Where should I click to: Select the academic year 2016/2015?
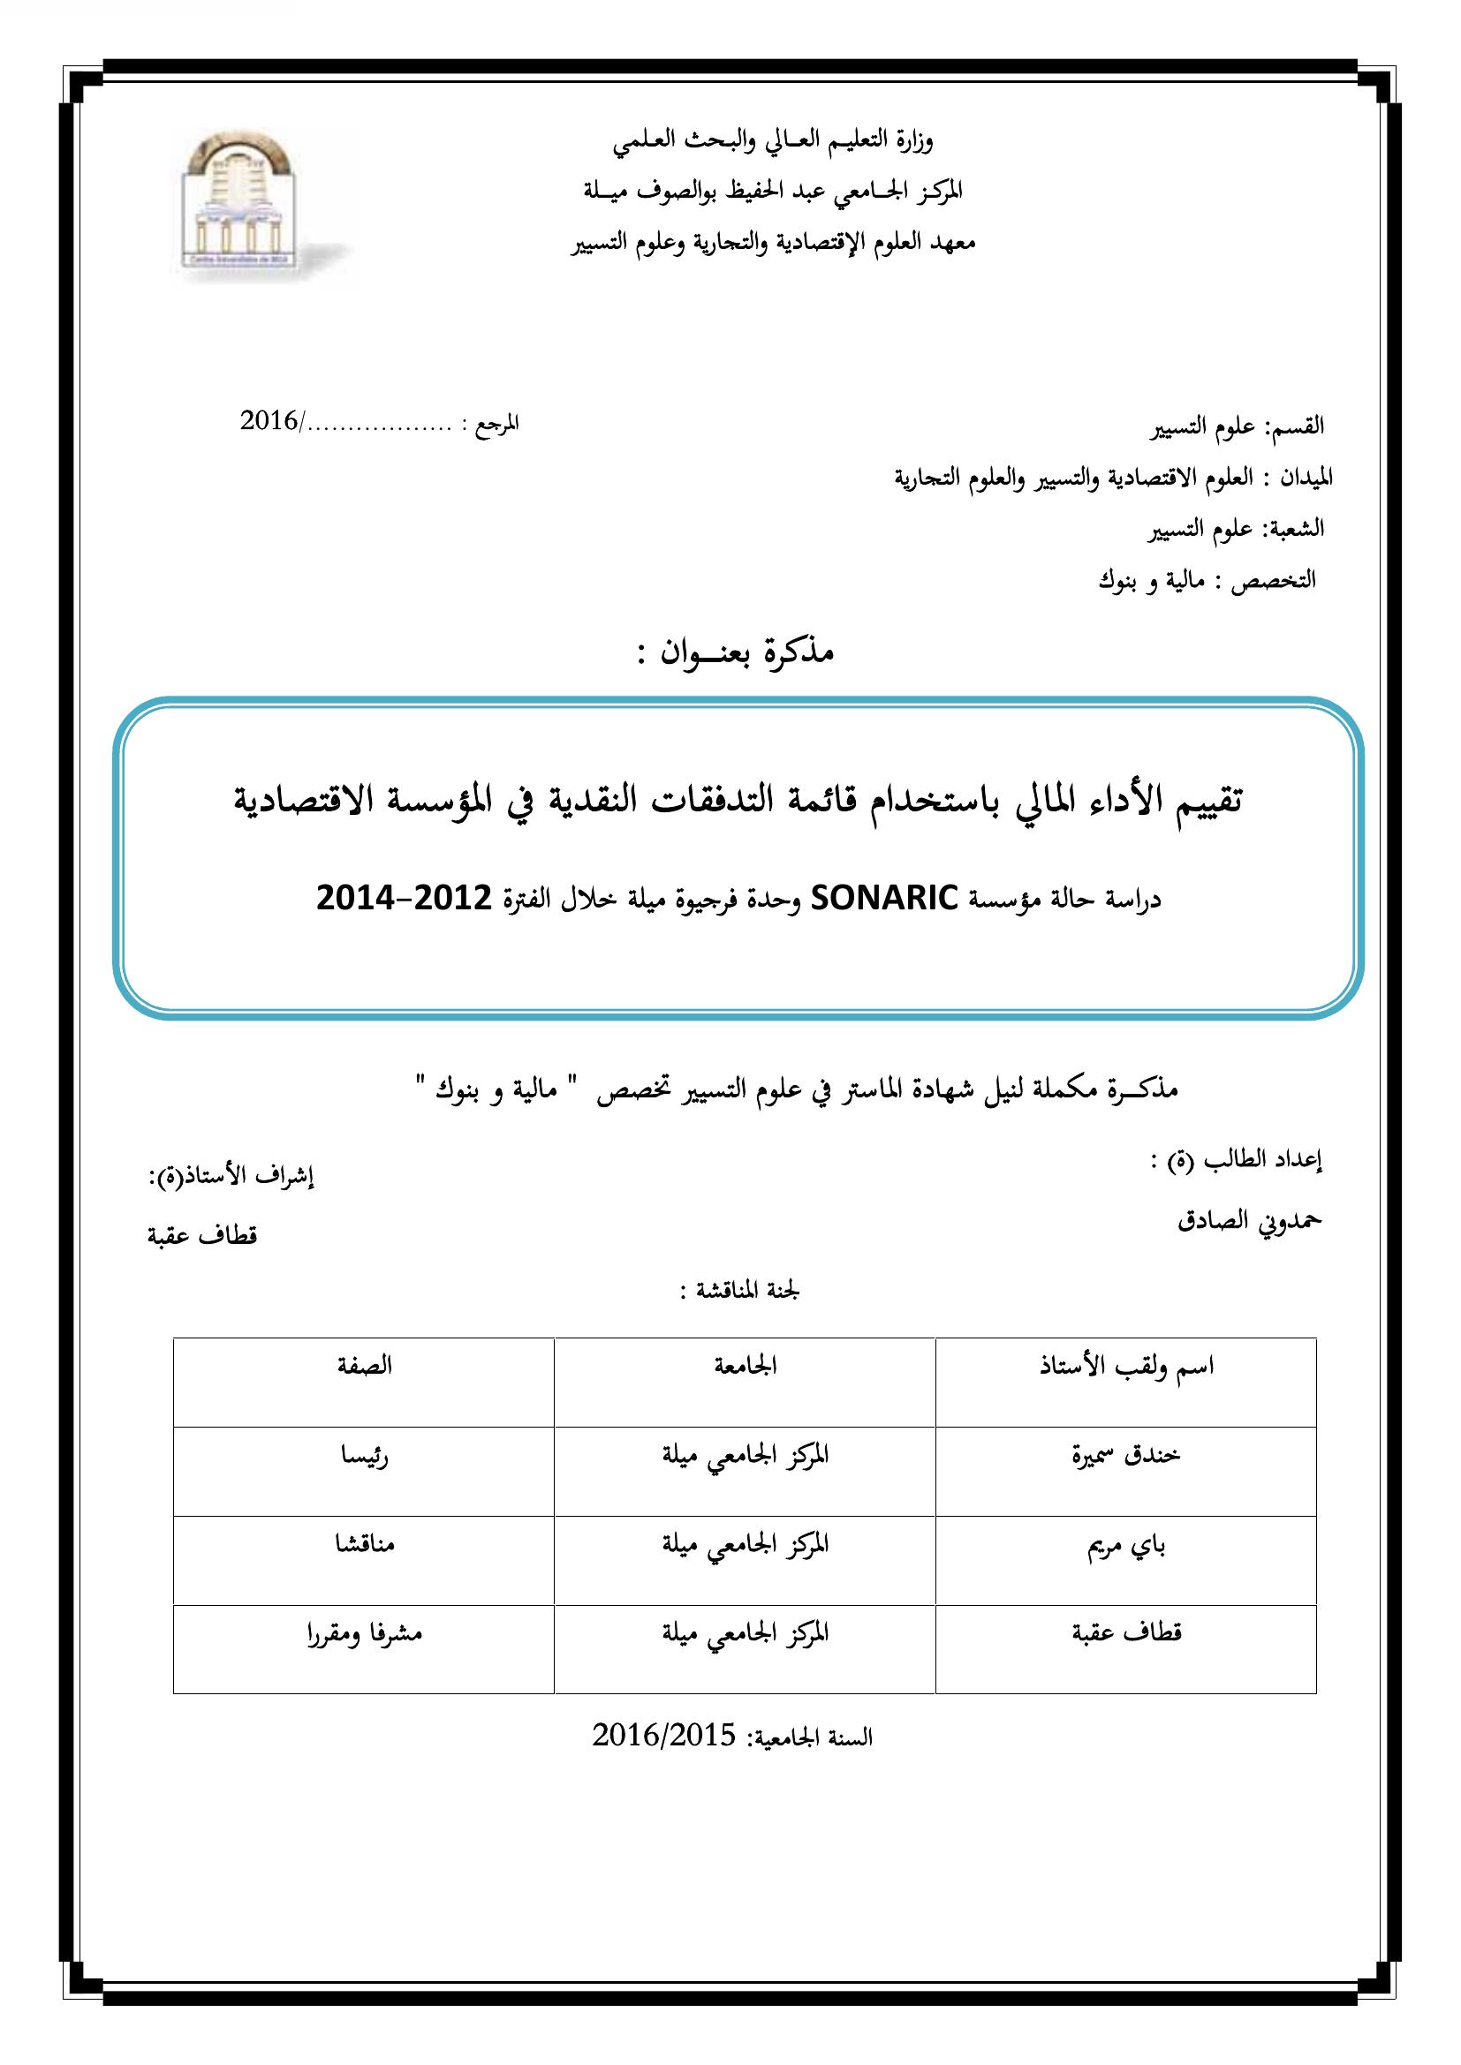664,1736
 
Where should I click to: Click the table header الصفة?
364,1366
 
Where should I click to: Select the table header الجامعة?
745,1366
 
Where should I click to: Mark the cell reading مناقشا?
364,1544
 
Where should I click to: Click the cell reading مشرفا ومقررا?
364,1633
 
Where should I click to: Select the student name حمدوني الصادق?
1250,1220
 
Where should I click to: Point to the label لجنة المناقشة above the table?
739,1292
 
